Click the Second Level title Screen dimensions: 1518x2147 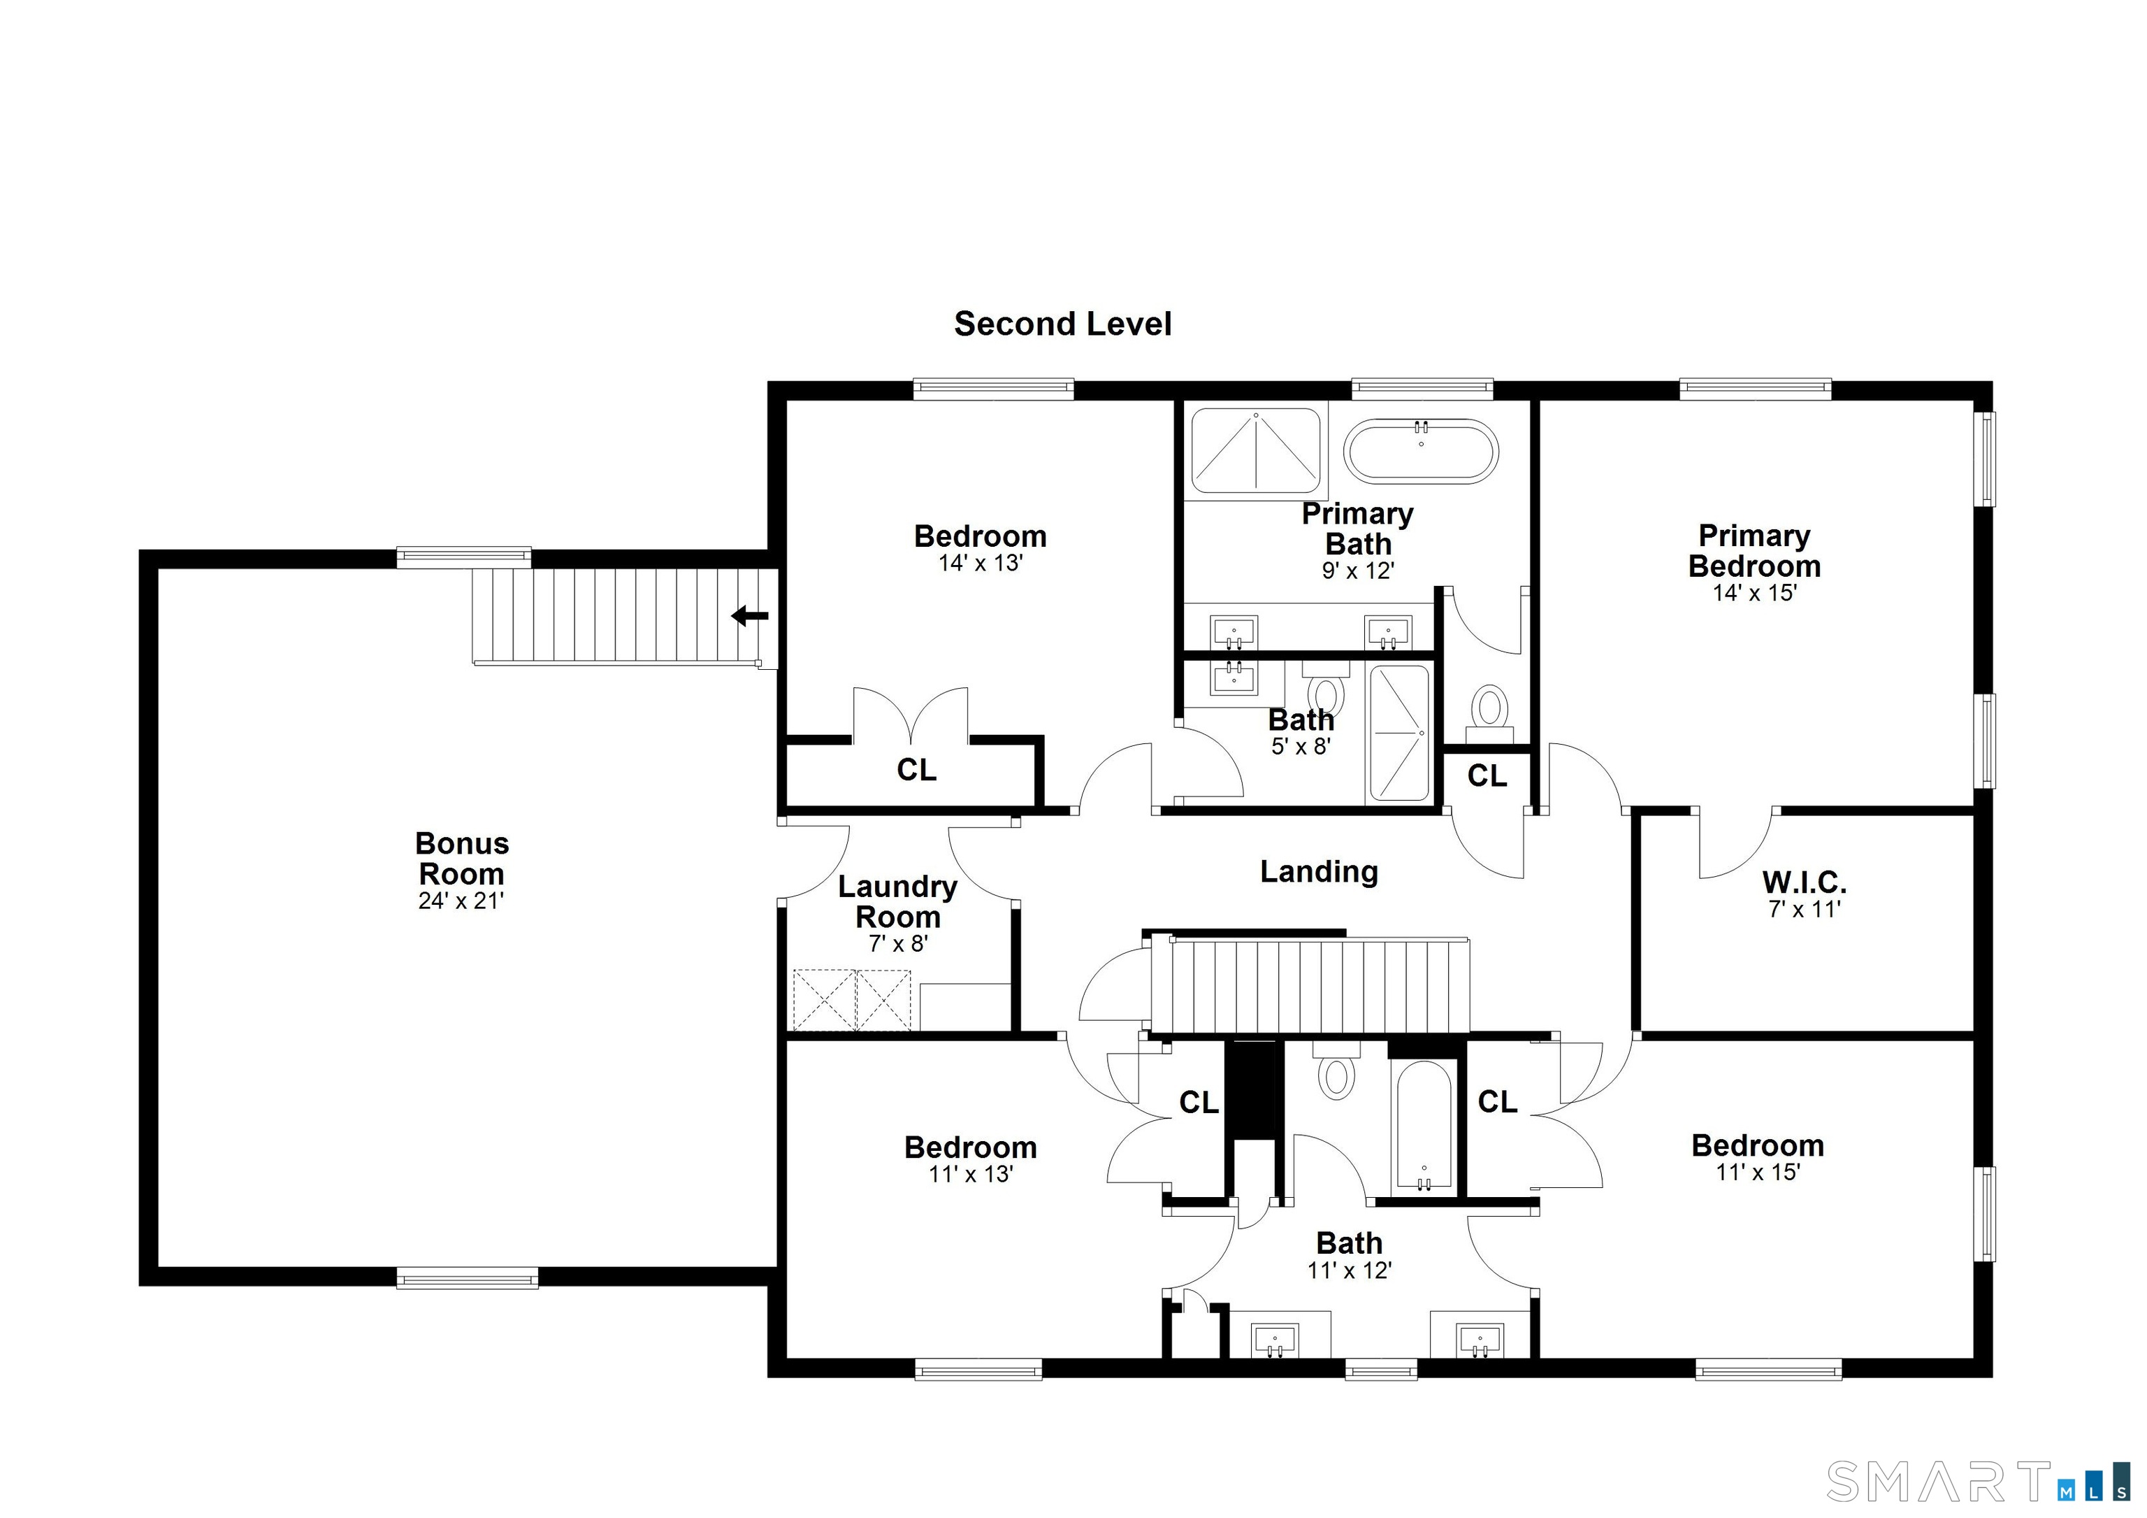(1062, 324)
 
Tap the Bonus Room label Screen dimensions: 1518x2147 (462, 858)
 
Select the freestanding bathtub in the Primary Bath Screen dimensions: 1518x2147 (1420, 451)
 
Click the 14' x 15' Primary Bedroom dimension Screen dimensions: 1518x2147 (1754, 593)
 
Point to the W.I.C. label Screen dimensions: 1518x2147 (1804, 882)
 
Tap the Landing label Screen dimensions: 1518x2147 (1319, 872)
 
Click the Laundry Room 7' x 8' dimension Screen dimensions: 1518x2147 (897, 944)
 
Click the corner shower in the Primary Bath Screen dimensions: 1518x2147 (1256, 451)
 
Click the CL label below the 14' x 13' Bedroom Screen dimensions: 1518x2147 (916, 770)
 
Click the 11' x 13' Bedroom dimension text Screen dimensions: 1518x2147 (971, 1174)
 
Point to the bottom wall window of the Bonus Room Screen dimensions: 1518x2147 (467, 1277)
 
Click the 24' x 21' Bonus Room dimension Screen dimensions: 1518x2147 (461, 901)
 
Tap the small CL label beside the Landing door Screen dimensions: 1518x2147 (1487, 775)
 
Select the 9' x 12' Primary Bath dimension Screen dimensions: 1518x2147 (1358, 571)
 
